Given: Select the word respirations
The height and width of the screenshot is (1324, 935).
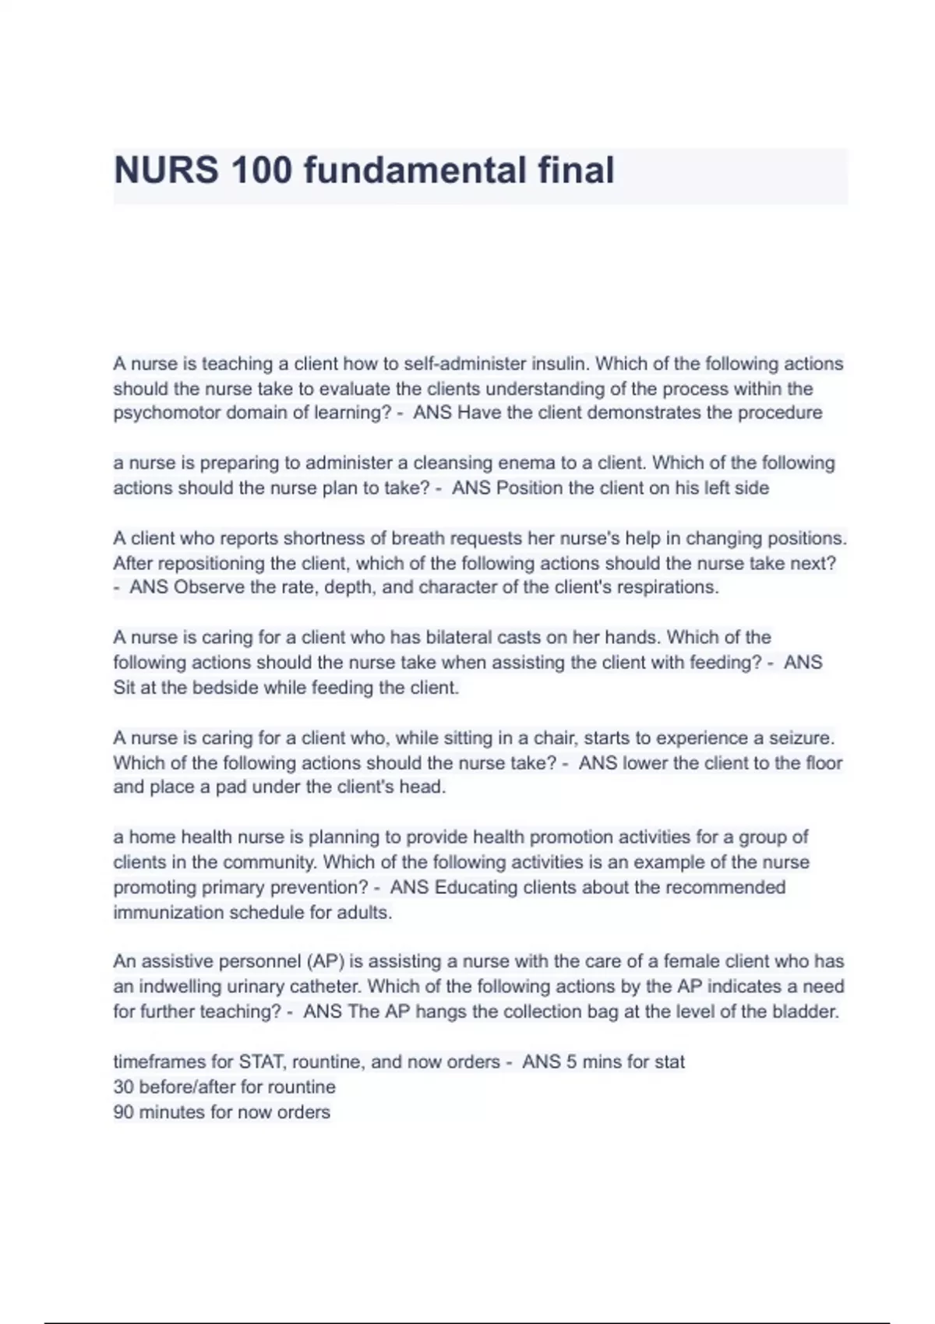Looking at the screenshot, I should pyautogui.click(x=669, y=587).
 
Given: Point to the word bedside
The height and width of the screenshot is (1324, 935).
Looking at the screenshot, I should pyautogui.click(x=225, y=688).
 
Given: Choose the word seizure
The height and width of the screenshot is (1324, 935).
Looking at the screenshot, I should pyautogui.click(x=802, y=738).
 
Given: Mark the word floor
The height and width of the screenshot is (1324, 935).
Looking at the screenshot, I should pyautogui.click(x=824, y=762).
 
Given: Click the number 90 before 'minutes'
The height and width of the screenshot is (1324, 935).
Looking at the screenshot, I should pyautogui.click(x=124, y=1112).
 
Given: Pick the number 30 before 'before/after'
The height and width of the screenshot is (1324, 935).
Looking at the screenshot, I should pyautogui.click(x=124, y=1087).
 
